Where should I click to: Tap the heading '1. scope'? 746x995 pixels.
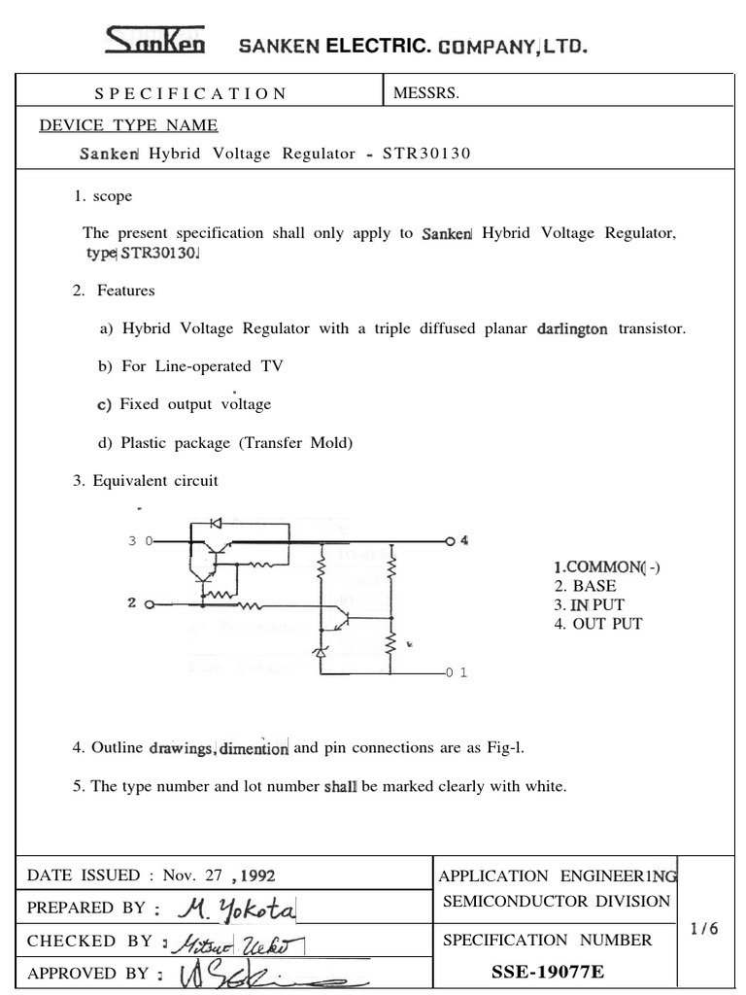102,196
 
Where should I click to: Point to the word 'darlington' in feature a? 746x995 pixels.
572,328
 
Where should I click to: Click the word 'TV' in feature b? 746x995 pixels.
269,366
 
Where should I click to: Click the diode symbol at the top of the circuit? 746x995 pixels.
215,522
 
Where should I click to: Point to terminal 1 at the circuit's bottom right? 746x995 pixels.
457,672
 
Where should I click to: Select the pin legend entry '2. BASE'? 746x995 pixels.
585,586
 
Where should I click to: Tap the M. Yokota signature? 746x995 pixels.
238,909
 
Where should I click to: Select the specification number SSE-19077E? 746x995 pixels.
548,973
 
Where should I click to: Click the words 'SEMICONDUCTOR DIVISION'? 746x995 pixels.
556,902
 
